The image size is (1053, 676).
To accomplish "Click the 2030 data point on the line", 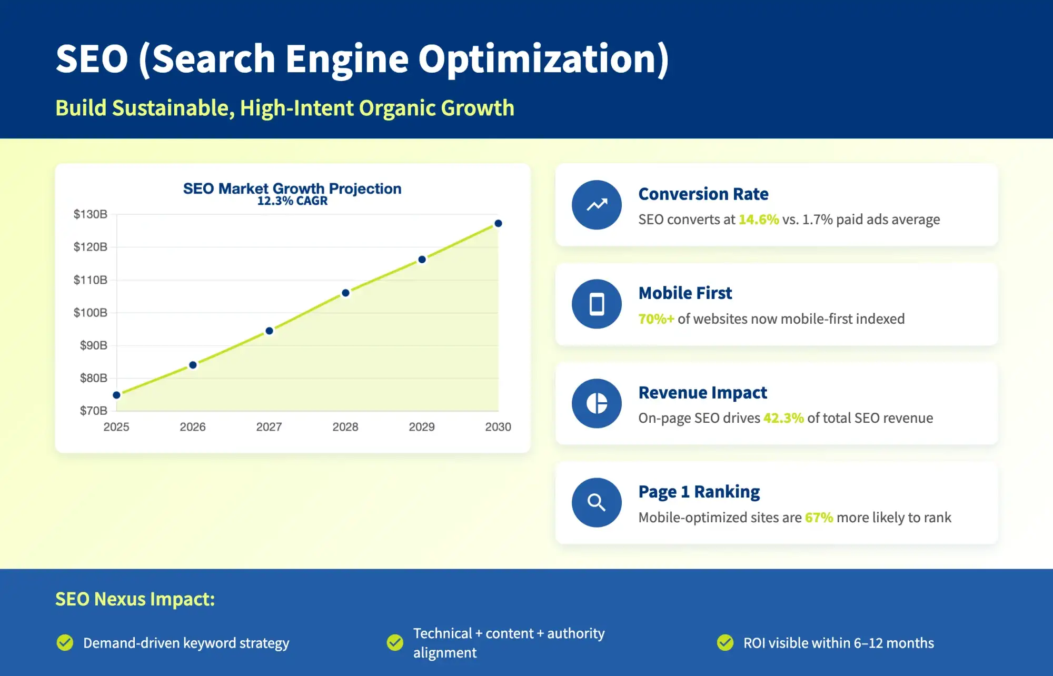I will click(x=498, y=224).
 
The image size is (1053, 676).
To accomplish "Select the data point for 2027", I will click(x=269, y=331).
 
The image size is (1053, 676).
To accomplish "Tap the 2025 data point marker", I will click(x=117, y=395).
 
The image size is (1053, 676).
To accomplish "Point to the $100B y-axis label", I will click(x=90, y=313).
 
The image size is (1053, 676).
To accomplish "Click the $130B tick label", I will click(x=90, y=214).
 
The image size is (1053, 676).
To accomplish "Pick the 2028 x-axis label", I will click(x=345, y=427).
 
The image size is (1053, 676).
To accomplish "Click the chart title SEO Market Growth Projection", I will click(x=292, y=188).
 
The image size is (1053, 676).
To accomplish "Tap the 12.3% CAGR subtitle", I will click(x=292, y=201).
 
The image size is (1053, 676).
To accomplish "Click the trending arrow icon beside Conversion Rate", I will click(x=597, y=205).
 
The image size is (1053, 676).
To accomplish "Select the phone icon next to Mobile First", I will click(x=597, y=304).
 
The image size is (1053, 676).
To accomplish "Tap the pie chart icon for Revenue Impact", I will click(x=597, y=403).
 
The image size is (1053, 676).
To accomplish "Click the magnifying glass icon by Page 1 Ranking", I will click(x=597, y=502).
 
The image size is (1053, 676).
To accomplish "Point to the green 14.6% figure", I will click(x=758, y=220).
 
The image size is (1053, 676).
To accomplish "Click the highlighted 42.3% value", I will click(x=783, y=418).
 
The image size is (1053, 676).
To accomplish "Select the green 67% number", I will click(x=819, y=518).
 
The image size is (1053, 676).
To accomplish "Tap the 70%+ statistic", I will click(x=655, y=319).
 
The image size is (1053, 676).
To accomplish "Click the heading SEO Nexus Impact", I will click(x=135, y=599).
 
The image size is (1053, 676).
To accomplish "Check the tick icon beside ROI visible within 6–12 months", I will click(x=725, y=643).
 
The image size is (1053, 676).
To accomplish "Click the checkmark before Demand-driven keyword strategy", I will click(x=65, y=643).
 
